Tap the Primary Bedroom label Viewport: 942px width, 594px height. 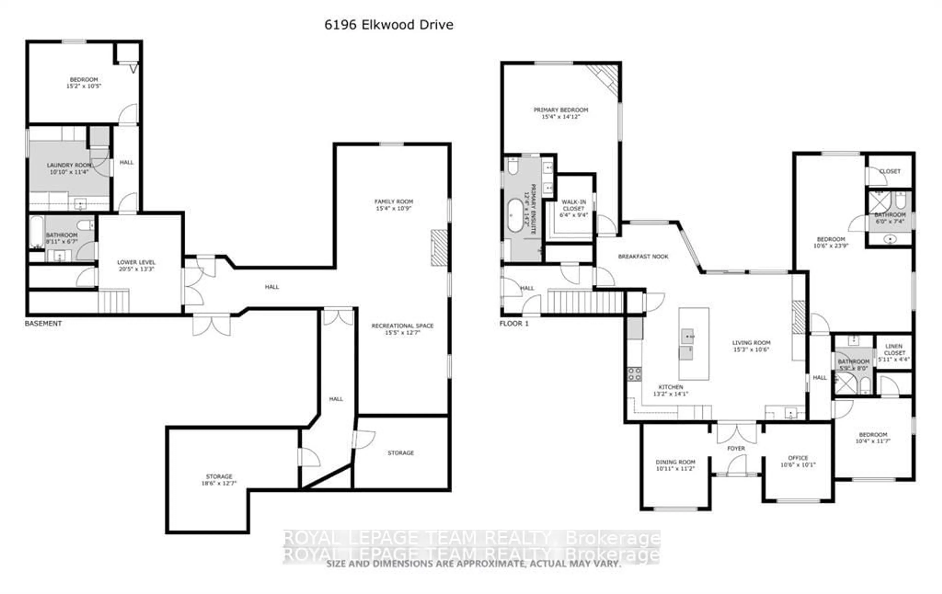561,110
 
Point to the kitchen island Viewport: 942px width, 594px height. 693,344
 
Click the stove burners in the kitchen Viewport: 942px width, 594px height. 634,374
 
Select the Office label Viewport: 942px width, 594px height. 798,458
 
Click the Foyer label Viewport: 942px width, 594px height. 736,449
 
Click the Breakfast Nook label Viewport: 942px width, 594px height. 643,256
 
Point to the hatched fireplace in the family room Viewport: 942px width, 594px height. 439,248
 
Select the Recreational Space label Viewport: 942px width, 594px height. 402,326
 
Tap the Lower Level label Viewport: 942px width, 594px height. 136,262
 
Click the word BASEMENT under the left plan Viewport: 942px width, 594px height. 43,323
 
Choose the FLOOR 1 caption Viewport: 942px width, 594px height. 514,323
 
